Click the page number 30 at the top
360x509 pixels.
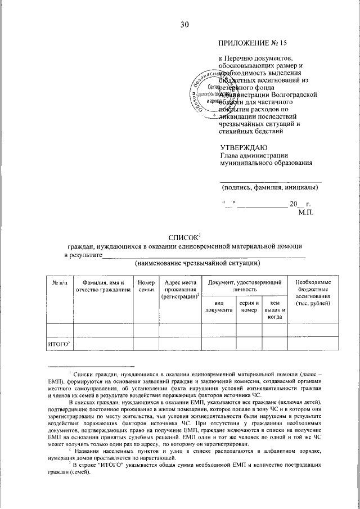tap(185, 24)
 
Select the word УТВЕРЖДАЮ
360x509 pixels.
tap(244, 147)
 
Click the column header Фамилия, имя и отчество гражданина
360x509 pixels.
tap(100, 286)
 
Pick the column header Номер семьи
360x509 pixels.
tap(146, 286)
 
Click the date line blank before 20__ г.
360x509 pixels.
tap(262, 205)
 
